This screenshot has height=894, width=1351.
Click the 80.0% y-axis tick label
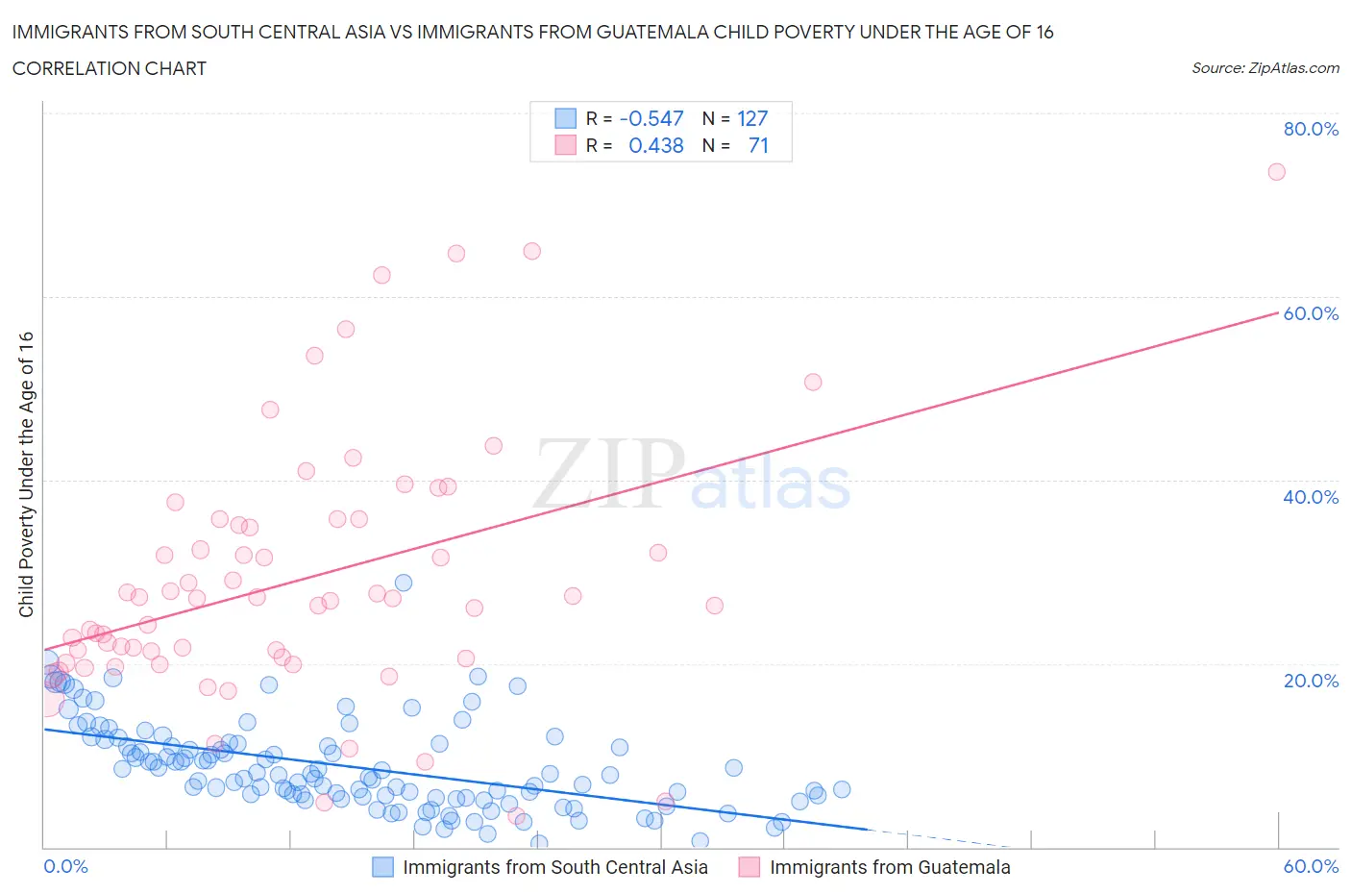click(1311, 130)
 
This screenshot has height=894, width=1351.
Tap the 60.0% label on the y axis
click(1311, 313)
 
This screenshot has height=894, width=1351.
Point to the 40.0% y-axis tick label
click(1311, 497)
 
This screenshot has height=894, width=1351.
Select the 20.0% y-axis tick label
click(1311, 681)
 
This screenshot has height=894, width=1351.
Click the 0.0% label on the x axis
click(66, 866)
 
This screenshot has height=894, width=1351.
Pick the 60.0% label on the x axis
click(1311, 866)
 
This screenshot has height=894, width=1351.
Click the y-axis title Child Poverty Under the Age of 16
click(26, 474)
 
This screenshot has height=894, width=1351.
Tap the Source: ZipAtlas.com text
click(1265, 68)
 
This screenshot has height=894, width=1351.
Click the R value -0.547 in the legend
click(651, 118)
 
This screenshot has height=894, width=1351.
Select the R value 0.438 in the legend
click(655, 145)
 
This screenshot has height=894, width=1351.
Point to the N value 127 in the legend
click(752, 118)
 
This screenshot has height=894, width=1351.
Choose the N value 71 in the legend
click(758, 145)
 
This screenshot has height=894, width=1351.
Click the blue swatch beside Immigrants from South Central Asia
click(382, 867)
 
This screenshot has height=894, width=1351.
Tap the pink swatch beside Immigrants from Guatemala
click(749, 867)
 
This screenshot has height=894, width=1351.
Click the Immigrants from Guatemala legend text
click(890, 867)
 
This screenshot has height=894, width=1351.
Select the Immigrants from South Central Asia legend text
click(554, 867)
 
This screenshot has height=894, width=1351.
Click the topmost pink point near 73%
click(1276, 172)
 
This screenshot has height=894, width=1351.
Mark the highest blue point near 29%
click(404, 583)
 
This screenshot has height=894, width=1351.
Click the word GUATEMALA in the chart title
click(650, 32)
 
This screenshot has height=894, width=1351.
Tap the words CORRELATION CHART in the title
click(110, 68)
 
